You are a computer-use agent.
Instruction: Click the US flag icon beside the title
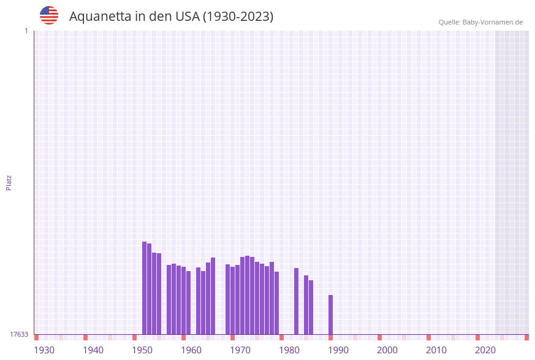(x=49, y=15)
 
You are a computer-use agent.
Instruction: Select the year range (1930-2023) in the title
(x=238, y=17)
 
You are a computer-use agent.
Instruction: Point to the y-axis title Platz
(x=9, y=182)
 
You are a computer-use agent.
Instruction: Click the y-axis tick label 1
(x=26, y=31)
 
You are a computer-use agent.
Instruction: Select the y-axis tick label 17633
(x=19, y=334)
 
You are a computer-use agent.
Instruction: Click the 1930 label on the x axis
(x=44, y=350)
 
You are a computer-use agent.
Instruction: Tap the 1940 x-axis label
(x=93, y=350)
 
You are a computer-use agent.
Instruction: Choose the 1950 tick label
(x=142, y=350)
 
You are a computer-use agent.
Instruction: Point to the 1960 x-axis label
(x=191, y=350)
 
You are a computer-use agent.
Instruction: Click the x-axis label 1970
(x=240, y=350)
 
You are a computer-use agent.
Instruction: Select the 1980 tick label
(x=289, y=350)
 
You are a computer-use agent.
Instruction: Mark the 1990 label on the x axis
(x=338, y=350)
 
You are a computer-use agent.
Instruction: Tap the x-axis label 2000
(x=387, y=350)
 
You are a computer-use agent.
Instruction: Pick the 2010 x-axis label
(x=436, y=350)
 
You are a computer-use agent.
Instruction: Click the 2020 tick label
(x=485, y=350)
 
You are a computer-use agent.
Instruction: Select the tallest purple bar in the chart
(x=145, y=288)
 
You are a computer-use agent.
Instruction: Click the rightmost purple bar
(x=331, y=315)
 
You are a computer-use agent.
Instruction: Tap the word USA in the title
(x=187, y=17)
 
